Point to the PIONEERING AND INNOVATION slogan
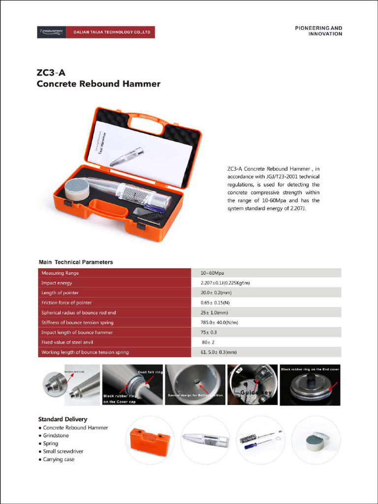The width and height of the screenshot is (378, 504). (x=318, y=31)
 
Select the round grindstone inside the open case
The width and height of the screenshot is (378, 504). (x=76, y=189)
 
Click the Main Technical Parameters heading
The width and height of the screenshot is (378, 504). (x=76, y=262)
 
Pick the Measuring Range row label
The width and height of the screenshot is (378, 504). (x=60, y=273)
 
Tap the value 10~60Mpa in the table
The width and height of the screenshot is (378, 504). (x=212, y=273)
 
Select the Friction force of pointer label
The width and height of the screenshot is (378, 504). (x=66, y=303)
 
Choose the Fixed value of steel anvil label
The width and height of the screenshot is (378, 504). (x=67, y=342)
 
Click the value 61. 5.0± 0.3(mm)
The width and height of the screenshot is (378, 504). (x=219, y=352)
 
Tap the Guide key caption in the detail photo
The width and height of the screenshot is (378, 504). (x=255, y=392)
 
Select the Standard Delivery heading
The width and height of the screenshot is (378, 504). (x=63, y=419)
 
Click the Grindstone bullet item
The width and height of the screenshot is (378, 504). (x=56, y=436)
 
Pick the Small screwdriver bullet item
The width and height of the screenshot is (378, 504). (x=63, y=451)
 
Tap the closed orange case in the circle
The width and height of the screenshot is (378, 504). (x=150, y=441)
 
